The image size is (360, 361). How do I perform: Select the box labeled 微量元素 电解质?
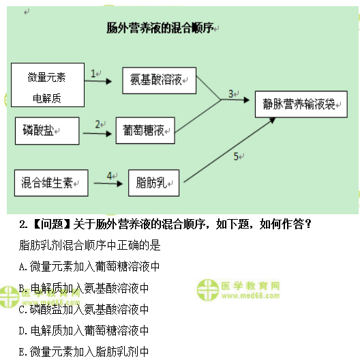point(48,84)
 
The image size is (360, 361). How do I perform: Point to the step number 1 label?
point(93,72)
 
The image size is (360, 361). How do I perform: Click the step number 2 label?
point(98,124)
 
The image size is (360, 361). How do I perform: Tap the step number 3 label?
point(231,93)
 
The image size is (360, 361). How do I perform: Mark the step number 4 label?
point(109,175)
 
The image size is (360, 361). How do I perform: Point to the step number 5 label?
point(236,157)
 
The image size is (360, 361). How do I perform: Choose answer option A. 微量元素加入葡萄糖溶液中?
point(89,266)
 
